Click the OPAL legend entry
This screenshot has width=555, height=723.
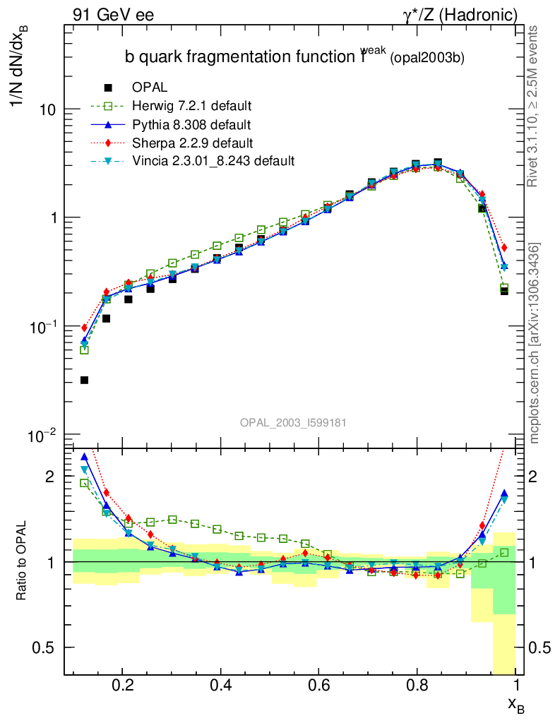point(150,88)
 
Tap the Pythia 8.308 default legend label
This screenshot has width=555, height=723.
point(191,125)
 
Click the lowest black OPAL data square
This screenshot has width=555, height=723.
point(84,380)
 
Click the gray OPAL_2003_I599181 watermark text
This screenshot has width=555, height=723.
point(292,422)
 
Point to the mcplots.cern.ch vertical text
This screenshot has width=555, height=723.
point(535,342)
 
